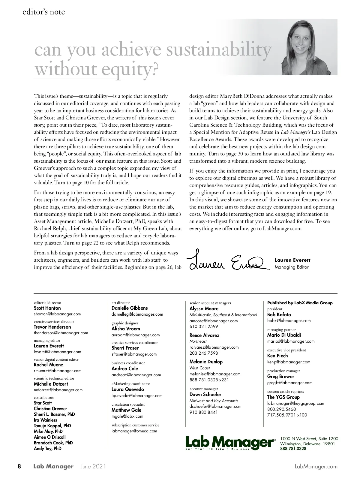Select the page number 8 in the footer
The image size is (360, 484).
tap(19, 467)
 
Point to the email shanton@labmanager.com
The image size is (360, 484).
tap(57, 314)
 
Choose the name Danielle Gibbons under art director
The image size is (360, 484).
tap(130, 308)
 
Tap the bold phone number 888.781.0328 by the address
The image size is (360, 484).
tap(293, 449)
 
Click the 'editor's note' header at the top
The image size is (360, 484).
tap(43, 12)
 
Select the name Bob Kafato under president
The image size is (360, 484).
tap(279, 315)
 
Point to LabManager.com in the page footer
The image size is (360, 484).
tap(316, 467)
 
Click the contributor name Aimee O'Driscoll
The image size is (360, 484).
tap(49, 437)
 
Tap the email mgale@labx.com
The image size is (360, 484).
tap(127, 416)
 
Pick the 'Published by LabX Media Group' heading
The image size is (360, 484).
tap(300, 303)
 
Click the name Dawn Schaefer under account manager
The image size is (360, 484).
tap(205, 395)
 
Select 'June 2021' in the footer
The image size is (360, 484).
tap(93, 467)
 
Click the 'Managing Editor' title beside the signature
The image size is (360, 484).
tap(292, 267)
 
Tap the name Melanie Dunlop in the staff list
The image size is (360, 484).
tap(206, 362)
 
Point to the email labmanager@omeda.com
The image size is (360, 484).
tap(134, 431)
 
